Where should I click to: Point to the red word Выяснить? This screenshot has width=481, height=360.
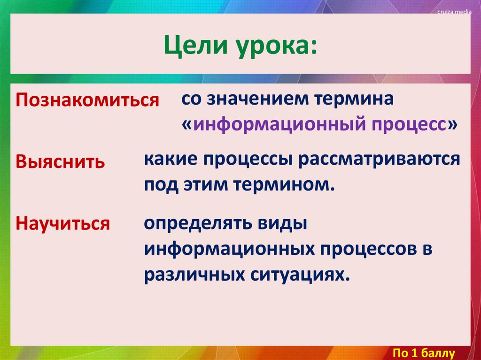[61, 162]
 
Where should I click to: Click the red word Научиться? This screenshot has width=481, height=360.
[63, 223]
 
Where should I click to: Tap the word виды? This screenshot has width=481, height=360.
[281, 222]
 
